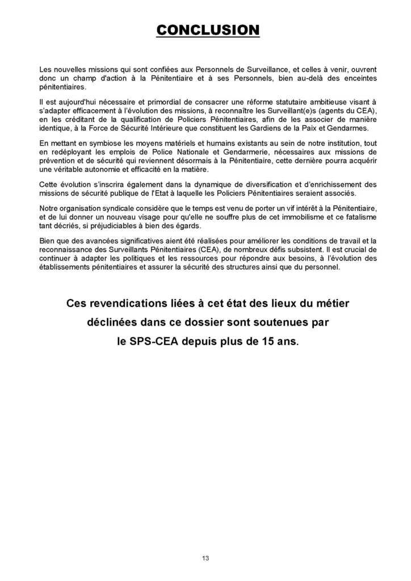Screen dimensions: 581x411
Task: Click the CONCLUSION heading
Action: coord(208,30)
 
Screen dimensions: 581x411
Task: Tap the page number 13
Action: coord(205,558)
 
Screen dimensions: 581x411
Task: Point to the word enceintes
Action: coord(358,78)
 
